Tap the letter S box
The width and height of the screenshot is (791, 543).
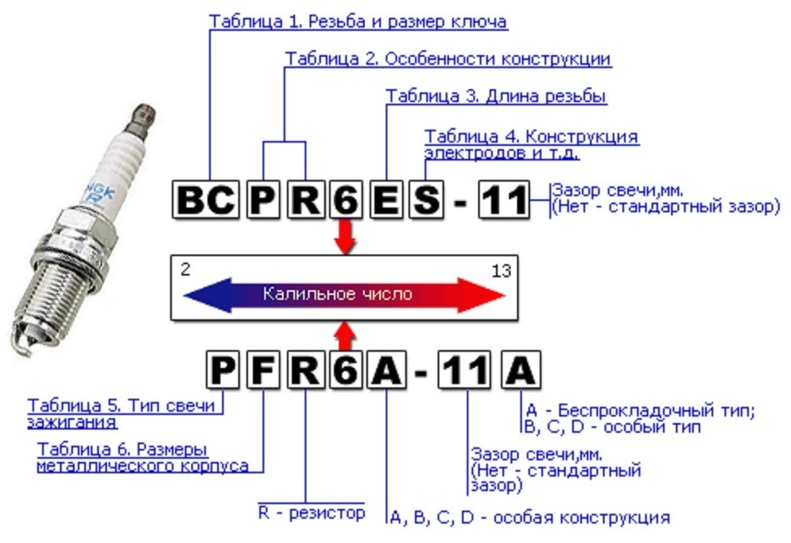pos(425,199)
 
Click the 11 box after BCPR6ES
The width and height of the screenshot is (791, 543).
pos(503,199)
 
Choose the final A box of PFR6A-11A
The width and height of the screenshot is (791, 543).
pos(519,372)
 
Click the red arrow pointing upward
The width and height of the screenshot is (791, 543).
pos(346,334)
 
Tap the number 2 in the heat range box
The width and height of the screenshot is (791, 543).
pos(186,271)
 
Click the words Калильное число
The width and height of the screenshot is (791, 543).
pos(337,294)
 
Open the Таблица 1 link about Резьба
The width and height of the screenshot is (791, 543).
pos(358,22)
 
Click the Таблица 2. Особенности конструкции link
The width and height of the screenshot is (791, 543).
pos(448,59)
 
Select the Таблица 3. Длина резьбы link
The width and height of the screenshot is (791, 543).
pos(496,96)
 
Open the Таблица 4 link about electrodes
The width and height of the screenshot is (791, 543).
pos(531,143)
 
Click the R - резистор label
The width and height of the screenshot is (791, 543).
pos(311,512)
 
